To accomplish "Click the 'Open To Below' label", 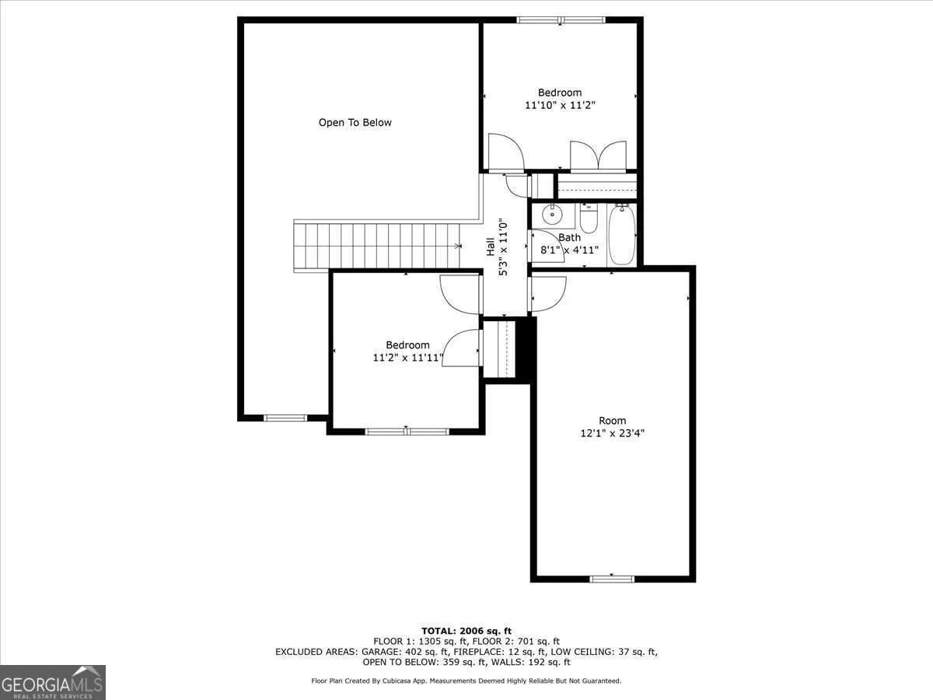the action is coord(355,122).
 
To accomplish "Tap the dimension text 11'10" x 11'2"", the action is coord(560,105).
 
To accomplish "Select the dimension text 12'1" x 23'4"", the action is coord(612,433).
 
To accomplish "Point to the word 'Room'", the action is coord(612,420).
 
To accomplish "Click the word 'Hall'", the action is coord(490,247).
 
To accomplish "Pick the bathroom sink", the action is coord(553,215).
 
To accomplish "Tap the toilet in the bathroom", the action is coord(589,218).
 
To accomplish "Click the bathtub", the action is coord(622,234).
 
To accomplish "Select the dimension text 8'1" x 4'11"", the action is coord(569,250).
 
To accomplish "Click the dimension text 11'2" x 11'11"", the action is coord(407,358).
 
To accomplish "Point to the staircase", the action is coord(377,246).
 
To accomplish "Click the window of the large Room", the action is coord(612,579).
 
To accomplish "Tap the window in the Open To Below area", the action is coord(285,418).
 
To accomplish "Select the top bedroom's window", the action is coord(561,19).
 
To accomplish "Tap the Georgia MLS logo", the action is coord(53,682).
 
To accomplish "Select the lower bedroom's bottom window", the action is coord(407,432).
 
